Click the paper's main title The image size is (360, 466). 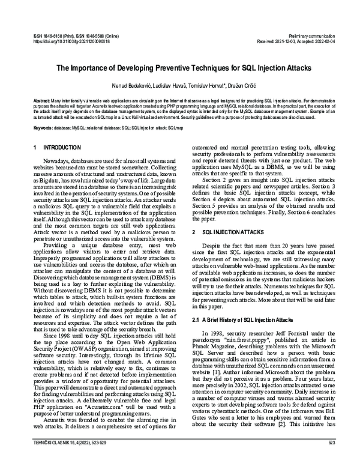click(179, 68)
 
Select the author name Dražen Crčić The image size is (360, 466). click(233, 85)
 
